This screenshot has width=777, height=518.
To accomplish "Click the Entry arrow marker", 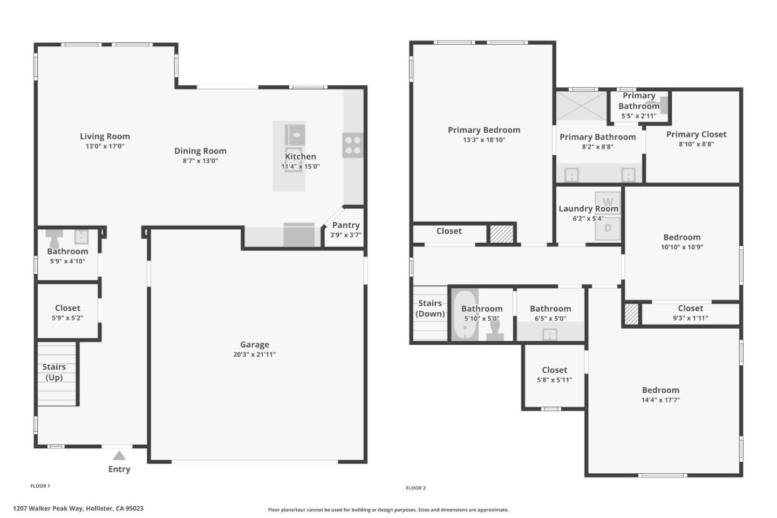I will pos(119,456).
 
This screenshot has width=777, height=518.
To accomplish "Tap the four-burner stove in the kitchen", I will pos(353,145).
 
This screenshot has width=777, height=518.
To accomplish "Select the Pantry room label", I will pos(346,225).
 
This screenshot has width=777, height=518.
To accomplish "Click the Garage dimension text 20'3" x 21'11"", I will pos(254,355).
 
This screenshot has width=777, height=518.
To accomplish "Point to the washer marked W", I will pos(608,202).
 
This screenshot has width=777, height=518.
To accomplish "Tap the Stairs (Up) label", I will pos(54,372).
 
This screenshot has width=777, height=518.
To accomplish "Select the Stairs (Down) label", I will pos(430,308).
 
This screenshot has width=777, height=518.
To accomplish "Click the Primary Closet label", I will pos(696,134).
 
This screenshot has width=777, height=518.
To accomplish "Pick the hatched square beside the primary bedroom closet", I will pos(501,234).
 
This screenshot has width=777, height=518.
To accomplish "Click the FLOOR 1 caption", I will pos(40,486).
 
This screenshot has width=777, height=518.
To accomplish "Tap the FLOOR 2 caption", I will pos(415,488).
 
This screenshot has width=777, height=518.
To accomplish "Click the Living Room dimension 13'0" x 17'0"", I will pos(105,146).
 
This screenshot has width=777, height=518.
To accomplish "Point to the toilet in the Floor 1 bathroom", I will pos(54,237).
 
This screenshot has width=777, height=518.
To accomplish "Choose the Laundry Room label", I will pos(588,209).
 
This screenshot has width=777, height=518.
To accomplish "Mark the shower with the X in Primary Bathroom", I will pos(582,106).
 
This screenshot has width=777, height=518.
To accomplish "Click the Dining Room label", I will pos(200,151).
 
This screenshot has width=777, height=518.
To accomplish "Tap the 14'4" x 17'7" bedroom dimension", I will pos(660,400).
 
